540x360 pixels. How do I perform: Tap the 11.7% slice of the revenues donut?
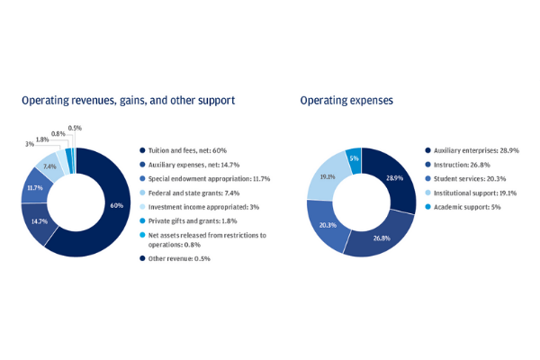tap(35, 188)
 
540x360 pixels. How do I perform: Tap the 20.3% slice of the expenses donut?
tap(327, 225)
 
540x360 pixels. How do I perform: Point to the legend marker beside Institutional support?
tap(427, 193)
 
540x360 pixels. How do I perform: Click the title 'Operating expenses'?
tap(346, 101)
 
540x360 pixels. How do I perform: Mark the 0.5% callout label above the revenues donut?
tap(75, 128)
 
